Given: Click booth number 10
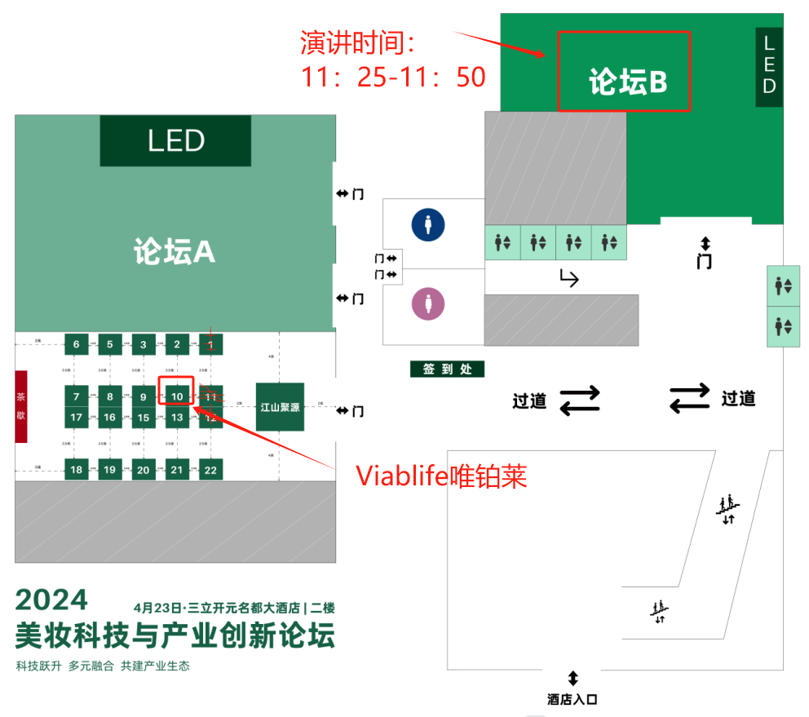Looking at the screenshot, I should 177,397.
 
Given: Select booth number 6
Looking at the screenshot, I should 76,344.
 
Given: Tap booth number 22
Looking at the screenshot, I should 210,469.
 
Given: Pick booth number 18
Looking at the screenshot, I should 76,469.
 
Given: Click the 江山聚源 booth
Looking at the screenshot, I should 280,406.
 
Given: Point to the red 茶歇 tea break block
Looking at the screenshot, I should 21,406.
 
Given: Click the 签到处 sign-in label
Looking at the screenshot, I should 447,370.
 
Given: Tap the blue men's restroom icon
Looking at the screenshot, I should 427,224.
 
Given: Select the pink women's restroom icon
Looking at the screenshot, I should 427,305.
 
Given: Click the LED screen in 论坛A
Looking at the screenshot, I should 175,141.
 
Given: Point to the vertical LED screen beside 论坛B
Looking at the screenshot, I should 768,67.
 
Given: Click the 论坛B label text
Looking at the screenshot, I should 628,82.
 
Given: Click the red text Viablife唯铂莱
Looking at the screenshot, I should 440,476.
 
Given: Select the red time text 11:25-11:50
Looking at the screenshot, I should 393,77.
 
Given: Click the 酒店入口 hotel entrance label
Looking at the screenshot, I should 572,700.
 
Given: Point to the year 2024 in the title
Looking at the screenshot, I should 51,600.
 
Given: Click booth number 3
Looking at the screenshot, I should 144,344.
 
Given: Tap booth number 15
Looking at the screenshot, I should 144,418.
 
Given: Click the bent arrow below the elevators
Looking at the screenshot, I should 568,279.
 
